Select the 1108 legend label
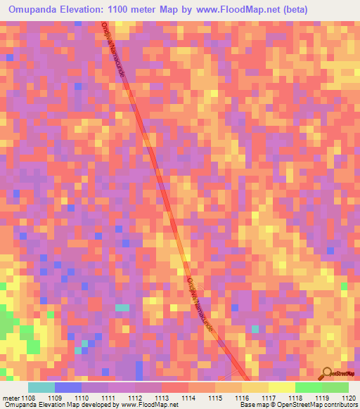(x=27, y=397)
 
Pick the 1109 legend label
(x=54, y=397)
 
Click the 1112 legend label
(x=134, y=397)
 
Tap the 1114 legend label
(x=188, y=397)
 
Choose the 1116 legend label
(x=241, y=397)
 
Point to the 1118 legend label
(x=295, y=397)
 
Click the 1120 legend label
(x=347, y=397)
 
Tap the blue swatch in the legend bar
(x=67, y=387)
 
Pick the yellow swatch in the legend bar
(x=281, y=387)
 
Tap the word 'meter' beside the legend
(x=10, y=397)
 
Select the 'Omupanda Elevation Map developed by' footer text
(x=47, y=405)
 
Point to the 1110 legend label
(x=81, y=397)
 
